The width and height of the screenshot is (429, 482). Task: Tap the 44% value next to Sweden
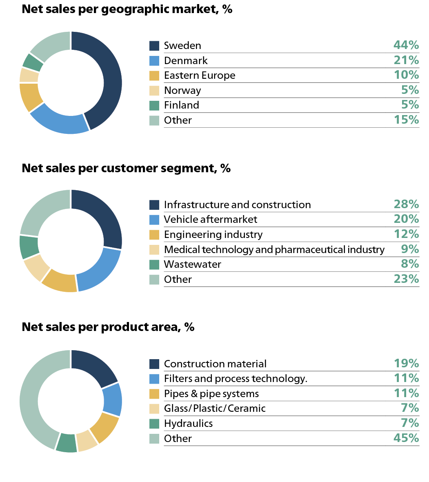(x=406, y=45)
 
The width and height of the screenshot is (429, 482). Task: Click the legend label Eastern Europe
(x=200, y=76)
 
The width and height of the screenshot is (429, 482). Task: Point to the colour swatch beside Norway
(x=154, y=91)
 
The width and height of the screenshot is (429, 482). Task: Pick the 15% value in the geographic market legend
(x=406, y=120)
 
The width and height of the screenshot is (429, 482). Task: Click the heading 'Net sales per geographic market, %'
(x=127, y=9)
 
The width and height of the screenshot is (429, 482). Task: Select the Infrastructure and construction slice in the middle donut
(x=106, y=218)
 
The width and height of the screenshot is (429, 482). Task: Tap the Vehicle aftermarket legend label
(x=211, y=220)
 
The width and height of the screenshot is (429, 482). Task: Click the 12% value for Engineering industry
(x=406, y=234)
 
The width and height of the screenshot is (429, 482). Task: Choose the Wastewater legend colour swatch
(x=154, y=264)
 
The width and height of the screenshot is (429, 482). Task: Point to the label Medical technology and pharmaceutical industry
(x=274, y=249)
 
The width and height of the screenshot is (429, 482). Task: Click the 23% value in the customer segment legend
(x=406, y=279)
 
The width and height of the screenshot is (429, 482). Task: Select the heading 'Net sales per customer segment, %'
(x=126, y=168)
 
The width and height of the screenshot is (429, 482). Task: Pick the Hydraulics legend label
(x=188, y=423)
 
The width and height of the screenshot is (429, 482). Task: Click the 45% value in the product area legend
(x=406, y=438)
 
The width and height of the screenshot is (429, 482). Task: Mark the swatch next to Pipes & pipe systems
(x=154, y=394)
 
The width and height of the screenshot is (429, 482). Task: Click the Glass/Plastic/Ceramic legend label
(x=215, y=409)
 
